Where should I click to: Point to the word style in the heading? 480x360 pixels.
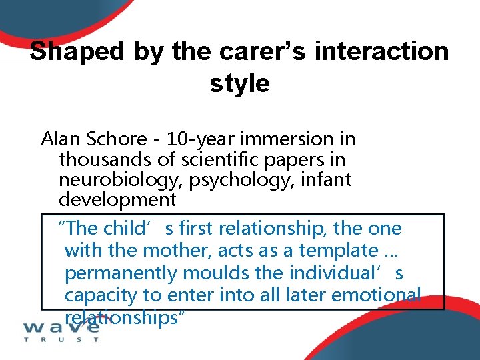(x=239, y=83)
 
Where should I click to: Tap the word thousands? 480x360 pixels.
(x=101, y=159)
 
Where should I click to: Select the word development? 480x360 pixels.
(x=117, y=200)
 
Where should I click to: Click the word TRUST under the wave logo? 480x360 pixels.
(x=61, y=339)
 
